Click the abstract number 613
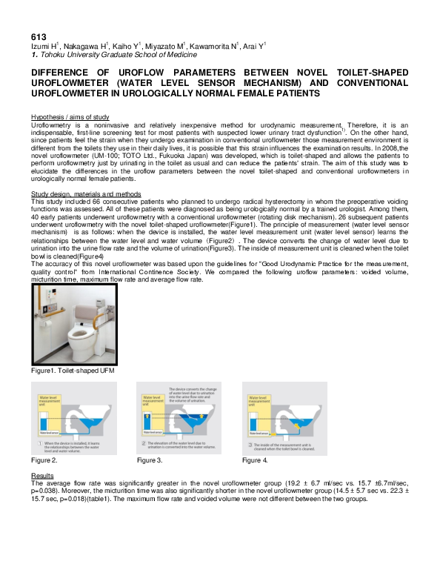point(39,36)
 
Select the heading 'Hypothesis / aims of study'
point(70,118)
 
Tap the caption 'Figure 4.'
point(256,440)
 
